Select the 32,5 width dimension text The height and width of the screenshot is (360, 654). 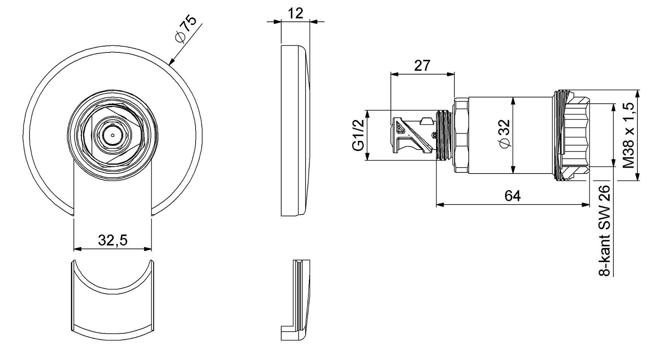point(113,240)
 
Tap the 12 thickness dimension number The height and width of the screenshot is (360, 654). point(296,13)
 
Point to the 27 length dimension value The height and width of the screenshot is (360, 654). point(422,66)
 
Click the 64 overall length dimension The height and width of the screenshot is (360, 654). point(513,196)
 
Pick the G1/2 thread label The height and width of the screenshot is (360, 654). point(358,135)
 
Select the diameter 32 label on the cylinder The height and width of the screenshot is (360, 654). point(505,134)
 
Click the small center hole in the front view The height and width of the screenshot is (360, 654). point(113,135)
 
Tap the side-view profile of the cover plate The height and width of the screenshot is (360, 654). point(296,130)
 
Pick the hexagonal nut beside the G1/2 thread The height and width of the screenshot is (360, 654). point(461,135)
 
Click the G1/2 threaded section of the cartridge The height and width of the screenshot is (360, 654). point(444,135)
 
